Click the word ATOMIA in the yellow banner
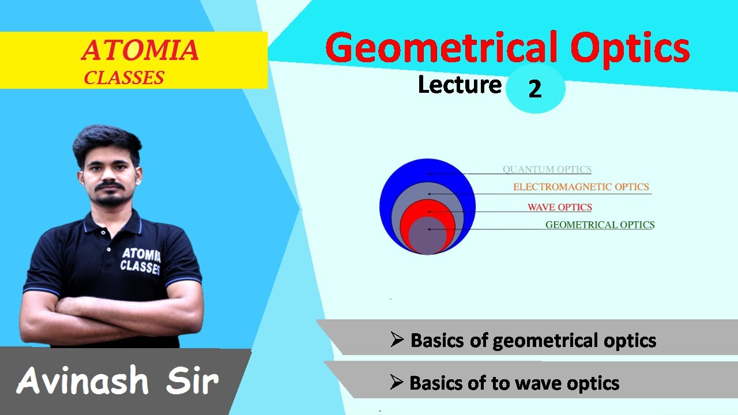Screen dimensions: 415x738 [x=140, y=51]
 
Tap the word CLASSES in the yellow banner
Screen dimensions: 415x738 [x=124, y=77]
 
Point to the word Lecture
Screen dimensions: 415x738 [x=460, y=85]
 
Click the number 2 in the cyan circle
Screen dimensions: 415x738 [x=534, y=89]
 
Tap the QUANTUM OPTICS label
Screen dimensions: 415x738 [x=547, y=169]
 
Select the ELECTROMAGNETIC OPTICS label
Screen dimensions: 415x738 [x=581, y=187]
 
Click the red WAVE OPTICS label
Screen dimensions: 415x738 [x=559, y=207]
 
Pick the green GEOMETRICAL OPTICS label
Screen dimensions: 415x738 [x=600, y=225]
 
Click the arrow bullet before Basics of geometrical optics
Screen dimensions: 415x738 [x=397, y=340]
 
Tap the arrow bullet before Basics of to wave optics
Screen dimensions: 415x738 [x=396, y=382]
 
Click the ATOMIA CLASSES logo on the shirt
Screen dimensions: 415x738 [x=141, y=259]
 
